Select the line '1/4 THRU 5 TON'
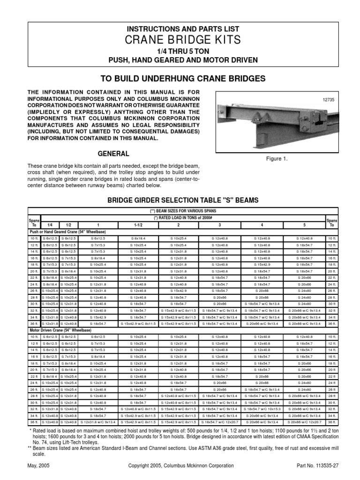point(180,52)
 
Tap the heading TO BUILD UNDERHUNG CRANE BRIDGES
point(180,78)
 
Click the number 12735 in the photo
point(330,99)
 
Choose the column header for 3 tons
point(219,225)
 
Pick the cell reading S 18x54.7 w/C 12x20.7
point(219,421)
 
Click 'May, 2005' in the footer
point(40,465)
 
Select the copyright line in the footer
point(180,465)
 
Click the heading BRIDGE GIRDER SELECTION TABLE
point(180,200)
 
